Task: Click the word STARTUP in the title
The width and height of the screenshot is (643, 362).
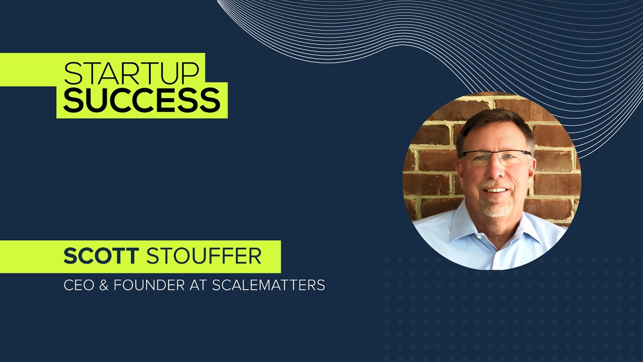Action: tap(132, 73)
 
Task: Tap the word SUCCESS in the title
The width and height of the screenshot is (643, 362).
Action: tap(142, 101)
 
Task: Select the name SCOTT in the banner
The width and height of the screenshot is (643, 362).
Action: tap(100, 256)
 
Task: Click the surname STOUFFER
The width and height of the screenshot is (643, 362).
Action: tap(203, 256)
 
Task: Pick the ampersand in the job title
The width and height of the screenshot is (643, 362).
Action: tap(105, 286)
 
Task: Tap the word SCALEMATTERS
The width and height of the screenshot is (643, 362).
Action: tap(268, 286)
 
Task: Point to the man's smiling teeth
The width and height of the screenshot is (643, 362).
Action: tap(496, 190)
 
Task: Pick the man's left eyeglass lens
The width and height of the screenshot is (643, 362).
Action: tap(514, 159)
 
